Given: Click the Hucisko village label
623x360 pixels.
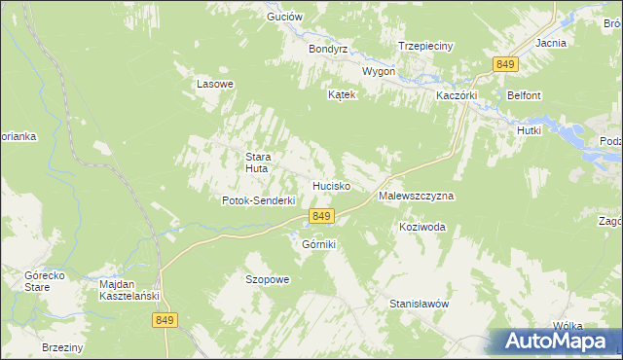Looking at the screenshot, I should pyautogui.click(x=331, y=185).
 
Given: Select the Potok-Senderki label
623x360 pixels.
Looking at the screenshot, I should pyautogui.click(x=258, y=200).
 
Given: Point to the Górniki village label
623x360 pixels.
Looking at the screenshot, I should pyautogui.click(x=318, y=244).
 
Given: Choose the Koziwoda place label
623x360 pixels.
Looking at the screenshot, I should pyautogui.click(x=421, y=227).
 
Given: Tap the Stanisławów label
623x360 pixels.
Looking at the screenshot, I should pyautogui.click(x=419, y=304).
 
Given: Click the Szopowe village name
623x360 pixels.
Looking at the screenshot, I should pyautogui.click(x=267, y=279).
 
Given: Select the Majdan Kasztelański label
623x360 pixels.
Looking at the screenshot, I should pyautogui.click(x=129, y=290).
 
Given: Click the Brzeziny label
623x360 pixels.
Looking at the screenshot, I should pyautogui.click(x=63, y=347).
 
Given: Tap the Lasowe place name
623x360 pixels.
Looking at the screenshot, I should pyautogui.click(x=215, y=84).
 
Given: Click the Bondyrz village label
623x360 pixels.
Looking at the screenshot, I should pyautogui.click(x=328, y=49).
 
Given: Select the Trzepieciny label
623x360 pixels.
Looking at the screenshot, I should pyautogui.click(x=424, y=46).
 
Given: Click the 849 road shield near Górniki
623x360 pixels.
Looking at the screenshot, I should pyautogui.click(x=322, y=215).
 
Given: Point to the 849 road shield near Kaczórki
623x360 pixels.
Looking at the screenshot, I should pyautogui.click(x=504, y=64).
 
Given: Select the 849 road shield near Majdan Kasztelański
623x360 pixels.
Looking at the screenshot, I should pyautogui.click(x=165, y=319).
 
